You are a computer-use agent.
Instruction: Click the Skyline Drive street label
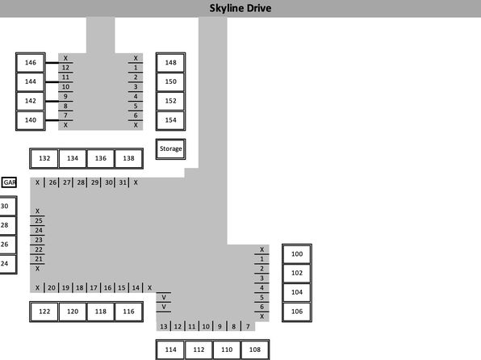click(x=240, y=8)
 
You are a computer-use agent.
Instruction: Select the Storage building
click(x=170, y=149)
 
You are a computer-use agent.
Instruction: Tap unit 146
click(x=31, y=63)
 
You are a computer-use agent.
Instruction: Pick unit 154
click(x=170, y=120)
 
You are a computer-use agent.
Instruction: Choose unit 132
click(x=44, y=158)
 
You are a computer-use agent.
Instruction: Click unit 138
click(x=129, y=158)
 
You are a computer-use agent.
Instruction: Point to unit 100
click(x=297, y=254)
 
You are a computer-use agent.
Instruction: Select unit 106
click(x=297, y=312)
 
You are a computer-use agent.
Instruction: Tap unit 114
click(x=170, y=350)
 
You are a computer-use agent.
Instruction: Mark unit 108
click(x=255, y=350)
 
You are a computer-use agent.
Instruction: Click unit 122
click(x=44, y=312)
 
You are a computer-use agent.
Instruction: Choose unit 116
click(x=129, y=312)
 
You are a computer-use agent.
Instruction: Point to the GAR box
click(x=9, y=182)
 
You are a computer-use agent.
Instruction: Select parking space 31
click(x=123, y=182)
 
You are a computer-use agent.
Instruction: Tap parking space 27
click(x=66, y=182)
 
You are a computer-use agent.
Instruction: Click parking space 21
click(x=39, y=259)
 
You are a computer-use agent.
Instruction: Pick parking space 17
click(x=94, y=288)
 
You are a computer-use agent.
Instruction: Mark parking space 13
click(x=164, y=326)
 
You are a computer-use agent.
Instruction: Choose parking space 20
click(x=52, y=288)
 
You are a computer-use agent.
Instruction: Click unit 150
click(x=170, y=82)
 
